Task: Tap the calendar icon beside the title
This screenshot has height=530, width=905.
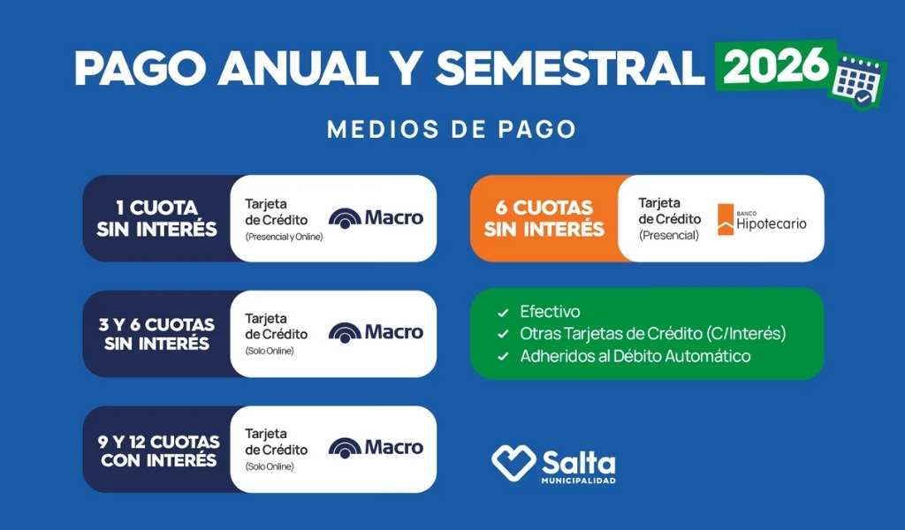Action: tap(855, 79)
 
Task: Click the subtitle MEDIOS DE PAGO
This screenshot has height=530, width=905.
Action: tap(452, 130)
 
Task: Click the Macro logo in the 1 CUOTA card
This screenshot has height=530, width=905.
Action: tap(376, 217)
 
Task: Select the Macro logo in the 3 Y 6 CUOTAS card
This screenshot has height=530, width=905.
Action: tap(376, 333)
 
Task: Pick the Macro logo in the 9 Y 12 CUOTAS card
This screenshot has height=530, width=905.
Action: tap(376, 448)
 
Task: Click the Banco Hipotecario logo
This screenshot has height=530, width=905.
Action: tap(761, 220)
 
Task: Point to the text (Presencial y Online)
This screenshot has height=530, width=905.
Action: tap(284, 237)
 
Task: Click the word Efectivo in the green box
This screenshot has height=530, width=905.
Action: tap(550, 312)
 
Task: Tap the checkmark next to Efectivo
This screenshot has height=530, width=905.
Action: tap(503, 313)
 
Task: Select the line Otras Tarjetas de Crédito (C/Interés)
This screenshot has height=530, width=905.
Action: tap(652, 334)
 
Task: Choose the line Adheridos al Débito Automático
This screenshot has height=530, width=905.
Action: tap(635, 356)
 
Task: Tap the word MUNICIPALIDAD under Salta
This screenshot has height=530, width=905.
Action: tap(578, 481)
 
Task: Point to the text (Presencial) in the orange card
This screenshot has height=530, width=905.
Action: tap(668, 235)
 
